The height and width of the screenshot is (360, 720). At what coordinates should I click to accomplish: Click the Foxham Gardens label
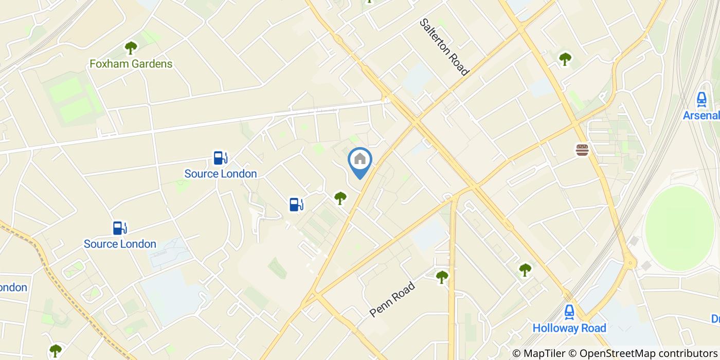click(x=131, y=64)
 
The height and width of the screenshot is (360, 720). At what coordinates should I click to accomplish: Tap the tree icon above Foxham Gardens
click(x=131, y=48)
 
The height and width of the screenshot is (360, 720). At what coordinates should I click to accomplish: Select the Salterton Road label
click(x=444, y=47)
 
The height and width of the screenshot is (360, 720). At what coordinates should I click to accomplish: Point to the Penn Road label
click(x=392, y=299)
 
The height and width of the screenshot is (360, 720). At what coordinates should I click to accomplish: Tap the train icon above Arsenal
click(x=701, y=99)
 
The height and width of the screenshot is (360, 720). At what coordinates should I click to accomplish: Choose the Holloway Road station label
click(x=569, y=328)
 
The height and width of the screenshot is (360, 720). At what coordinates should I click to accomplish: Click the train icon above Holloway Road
click(x=569, y=312)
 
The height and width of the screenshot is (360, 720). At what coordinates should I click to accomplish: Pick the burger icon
click(x=582, y=150)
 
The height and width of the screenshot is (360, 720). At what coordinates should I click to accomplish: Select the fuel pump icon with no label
click(x=296, y=205)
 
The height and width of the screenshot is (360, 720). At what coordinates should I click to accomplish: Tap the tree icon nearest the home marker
click(x=340, y=197)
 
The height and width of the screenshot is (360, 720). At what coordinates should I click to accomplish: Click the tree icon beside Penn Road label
click(x=442, y=277)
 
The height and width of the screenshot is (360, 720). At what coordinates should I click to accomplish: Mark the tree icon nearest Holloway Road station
click(x=525, y=269)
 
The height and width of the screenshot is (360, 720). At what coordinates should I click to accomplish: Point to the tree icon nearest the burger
click(x=565, y=59)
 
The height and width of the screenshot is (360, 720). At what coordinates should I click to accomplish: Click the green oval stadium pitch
click(x=679, y=228)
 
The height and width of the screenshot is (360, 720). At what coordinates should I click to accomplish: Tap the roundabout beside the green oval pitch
click(x=629, y=264)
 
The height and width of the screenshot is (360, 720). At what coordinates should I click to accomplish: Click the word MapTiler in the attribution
click(x=542, y=353)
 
